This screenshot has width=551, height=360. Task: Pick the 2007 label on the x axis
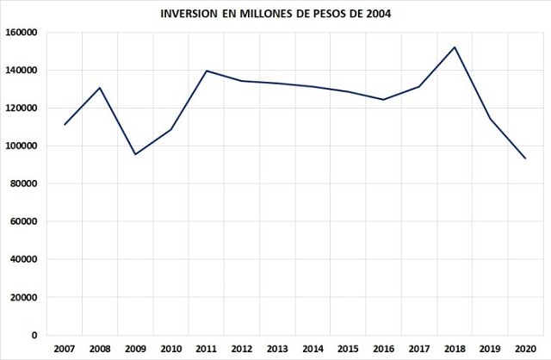point(65,348)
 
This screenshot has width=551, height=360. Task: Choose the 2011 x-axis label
point(207,348)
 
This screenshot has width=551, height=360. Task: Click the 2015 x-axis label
point(348,348)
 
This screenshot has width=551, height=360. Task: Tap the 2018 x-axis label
point(455,348)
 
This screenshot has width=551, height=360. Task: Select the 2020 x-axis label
point(525,348)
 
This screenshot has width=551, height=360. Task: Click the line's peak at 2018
point(455,47)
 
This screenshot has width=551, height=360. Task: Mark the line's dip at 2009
point(135,154)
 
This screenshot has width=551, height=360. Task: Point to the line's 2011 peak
point(207,71)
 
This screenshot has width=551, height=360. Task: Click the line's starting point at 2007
point(65,125)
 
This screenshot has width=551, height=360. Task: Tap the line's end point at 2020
point(525,158)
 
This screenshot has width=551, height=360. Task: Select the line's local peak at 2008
point(100,88)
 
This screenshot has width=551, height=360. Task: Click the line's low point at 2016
point(383,100)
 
